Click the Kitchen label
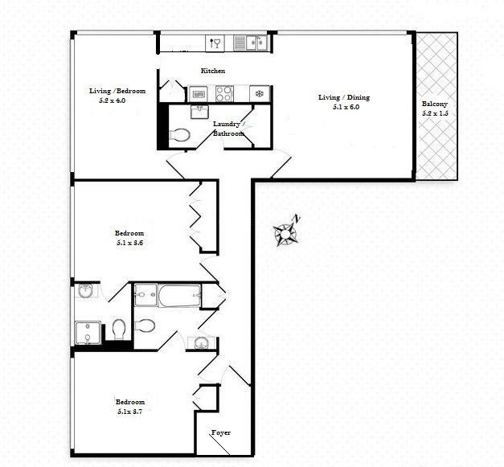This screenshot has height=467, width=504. [x=213, y=71]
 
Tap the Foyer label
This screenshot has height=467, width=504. [x=221, y=432]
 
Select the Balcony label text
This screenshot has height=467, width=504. [x=435, y=104]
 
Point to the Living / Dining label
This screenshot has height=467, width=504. [x=344, y=97]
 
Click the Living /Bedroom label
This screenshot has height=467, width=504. [x=117, y=91]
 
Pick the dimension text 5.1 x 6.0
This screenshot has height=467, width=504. [x=346, y=107]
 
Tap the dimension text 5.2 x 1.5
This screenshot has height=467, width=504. [x=435, y=113]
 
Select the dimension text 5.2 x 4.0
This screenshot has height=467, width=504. [x=113, y=100]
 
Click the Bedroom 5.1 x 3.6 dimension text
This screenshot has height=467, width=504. [x=130, y=243]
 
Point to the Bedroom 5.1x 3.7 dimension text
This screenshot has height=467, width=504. [x=130, y=411]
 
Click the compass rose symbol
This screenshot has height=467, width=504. [x=285, y=234]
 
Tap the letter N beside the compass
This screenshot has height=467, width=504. [x=297, y=219]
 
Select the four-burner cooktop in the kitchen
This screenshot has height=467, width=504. [x=224, y=93]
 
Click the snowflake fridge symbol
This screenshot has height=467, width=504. [x=260, y=93]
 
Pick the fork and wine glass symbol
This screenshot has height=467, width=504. [x=215, y=43]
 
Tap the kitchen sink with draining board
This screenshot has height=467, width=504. [x=250, y=43]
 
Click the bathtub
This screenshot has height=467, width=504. [x=179, y=295]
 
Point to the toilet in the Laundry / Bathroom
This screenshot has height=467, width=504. [x=179, y=135]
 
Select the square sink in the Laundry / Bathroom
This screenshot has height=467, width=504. [x=199, y=112]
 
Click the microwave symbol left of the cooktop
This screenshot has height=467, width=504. [x=198, y=94]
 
